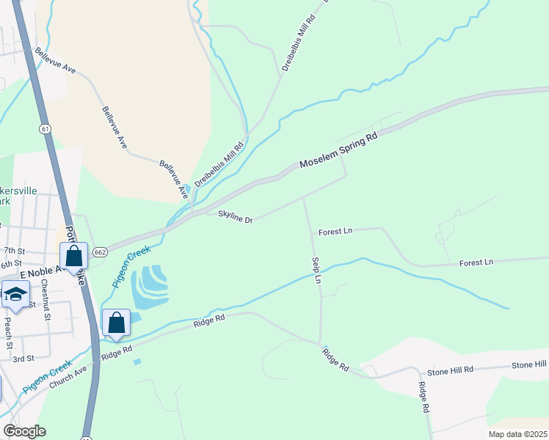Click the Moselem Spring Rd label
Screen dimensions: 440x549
(x=338, y=152)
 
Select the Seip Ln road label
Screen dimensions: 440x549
(x=316, y=269)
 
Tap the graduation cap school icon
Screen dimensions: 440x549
(x=15, y=295)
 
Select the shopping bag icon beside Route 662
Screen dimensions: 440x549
(x=73, y=257)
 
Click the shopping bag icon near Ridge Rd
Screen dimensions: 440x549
(x=116, y=323)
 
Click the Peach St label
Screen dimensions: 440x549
(x=9, y=334)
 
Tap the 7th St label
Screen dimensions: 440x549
(x=14, y=250)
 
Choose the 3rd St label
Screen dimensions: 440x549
(x=23, y=359)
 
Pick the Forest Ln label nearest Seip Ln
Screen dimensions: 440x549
(x=335, y=231)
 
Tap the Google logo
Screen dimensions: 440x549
(x=24, y=431)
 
